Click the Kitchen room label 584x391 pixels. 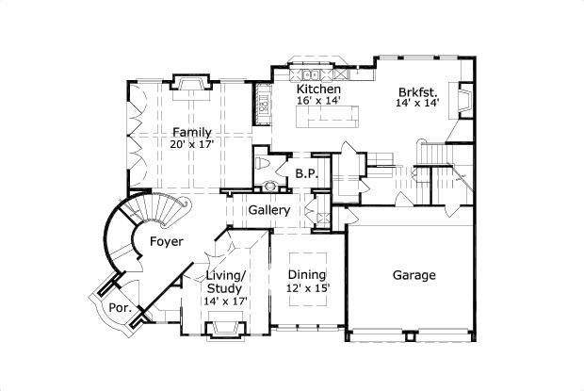(x=317, y=89)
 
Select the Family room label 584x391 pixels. (x=191, y=132)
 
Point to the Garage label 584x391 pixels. (x=414, y=276)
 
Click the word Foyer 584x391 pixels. (x=166, y=242)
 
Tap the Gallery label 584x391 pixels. (x=268, y=210)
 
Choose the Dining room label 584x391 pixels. (x=308, y=275)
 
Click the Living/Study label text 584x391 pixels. (x=225, y=282)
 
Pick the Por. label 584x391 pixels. (x=118, y=307)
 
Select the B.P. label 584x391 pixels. (x=305, y=174)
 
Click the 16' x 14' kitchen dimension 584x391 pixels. (x=317, y=100)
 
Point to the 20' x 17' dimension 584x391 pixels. (x=191, y=144)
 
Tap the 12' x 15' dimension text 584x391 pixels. (x=308, y=288)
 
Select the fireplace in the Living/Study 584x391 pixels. (x=225, y=328)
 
